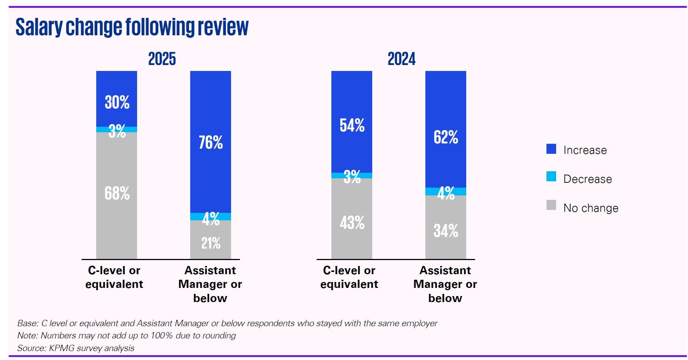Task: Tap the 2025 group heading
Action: coord(162,59)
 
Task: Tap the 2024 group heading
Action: coord(401,59)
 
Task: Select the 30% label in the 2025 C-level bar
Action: coord(117,102)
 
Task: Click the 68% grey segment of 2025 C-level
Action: coord(117,194)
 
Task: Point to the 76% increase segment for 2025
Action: coord(211,142)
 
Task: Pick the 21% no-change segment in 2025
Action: coord(211,243)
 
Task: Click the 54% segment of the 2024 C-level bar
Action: coord(352,125)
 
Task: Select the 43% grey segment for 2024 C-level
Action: coord(352,223)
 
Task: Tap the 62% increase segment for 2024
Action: coord(446,137)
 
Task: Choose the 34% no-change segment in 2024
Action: coord(446,231)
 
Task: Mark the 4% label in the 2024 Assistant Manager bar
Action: coord(446,193)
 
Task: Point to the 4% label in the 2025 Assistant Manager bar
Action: coord(211,218)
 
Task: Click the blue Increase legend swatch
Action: coord(551,149)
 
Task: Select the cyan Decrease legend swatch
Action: coord(551,176)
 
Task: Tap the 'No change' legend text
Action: coord(591,208)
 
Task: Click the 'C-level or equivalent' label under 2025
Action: coord(114,277)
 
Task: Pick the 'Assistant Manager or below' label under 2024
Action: coord(445,284)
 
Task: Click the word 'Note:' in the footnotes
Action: coord(27,335)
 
